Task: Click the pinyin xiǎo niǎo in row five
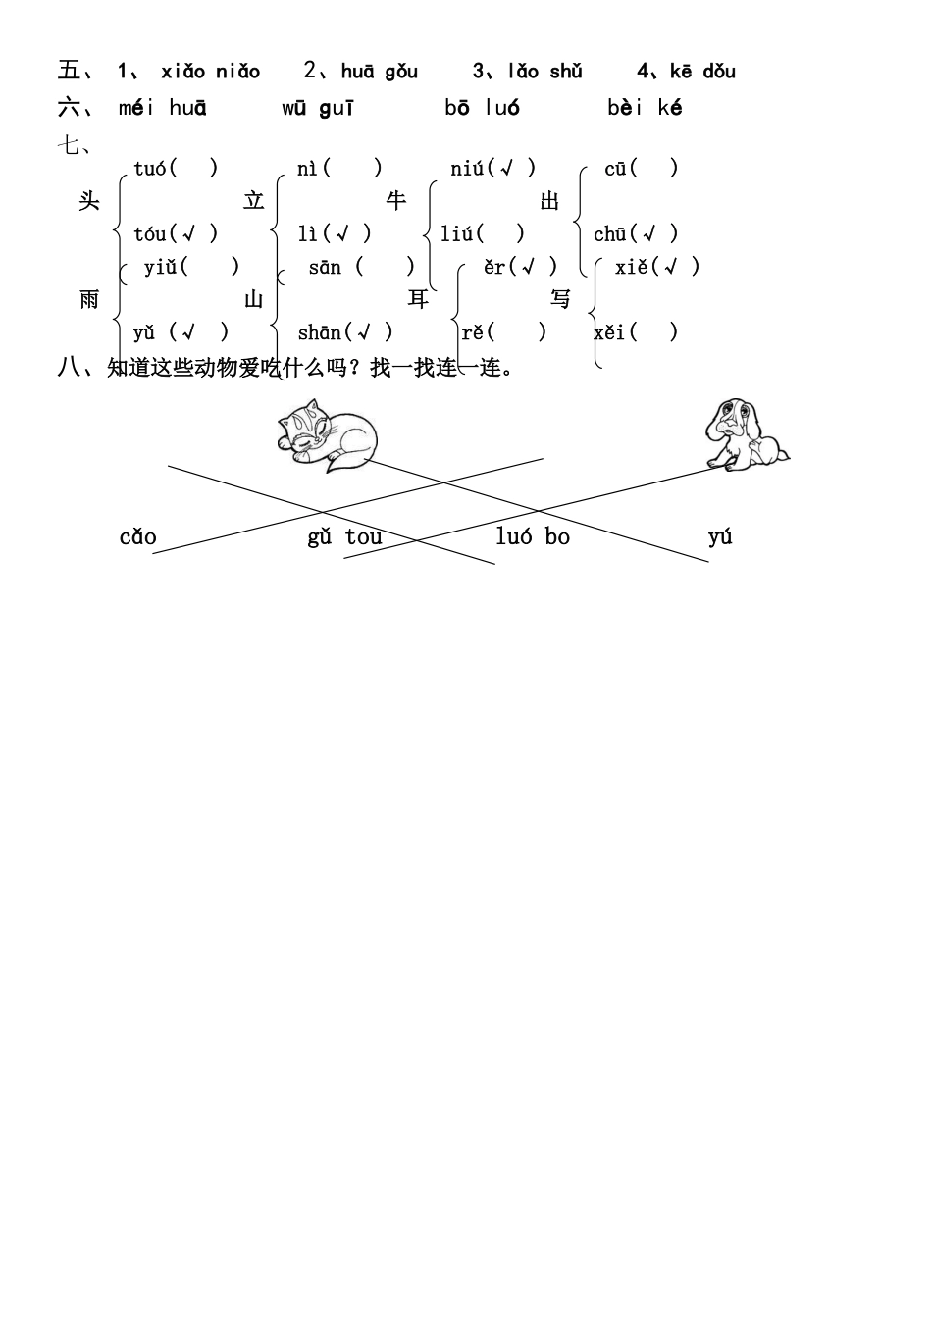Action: (x=210, y=71)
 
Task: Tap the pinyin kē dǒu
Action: (x=702, y=71)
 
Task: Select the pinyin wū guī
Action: (x=317, y=108)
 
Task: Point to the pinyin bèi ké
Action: (x=644, y=108)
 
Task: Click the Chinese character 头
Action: (x=89, y=201)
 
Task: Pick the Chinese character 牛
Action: (x=396, y=201)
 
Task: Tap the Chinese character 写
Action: (x=560, y=299)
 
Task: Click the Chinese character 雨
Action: (x=89, y=299)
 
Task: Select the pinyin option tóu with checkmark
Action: (x=176, y=233)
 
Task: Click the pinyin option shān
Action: (x=344, y=332)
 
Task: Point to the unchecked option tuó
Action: (x=176, y=168)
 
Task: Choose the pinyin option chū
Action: (x=635, y=233)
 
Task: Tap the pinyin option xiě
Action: (x=656, y=266)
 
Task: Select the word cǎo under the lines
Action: (x=137, y=537)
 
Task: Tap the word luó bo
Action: (x=533, y=536)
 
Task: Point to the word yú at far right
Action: (x=720, y=536)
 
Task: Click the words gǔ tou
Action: (x=344, y=537)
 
